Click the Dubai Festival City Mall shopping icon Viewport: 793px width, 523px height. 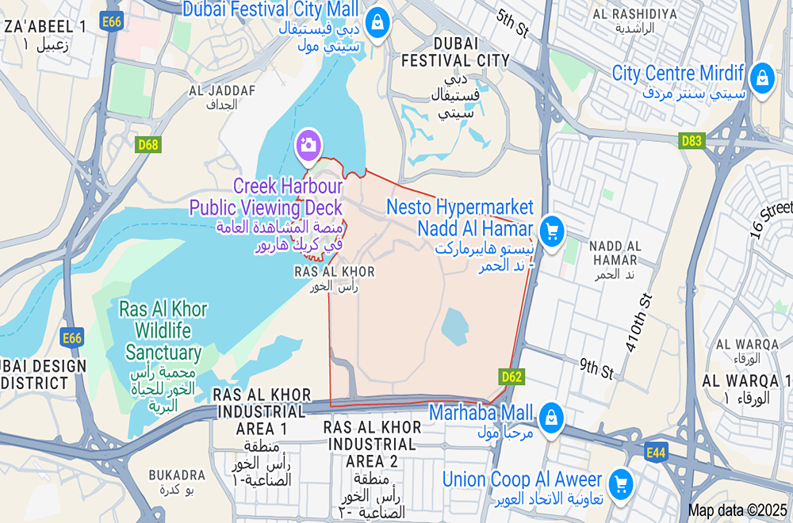pyautogui.click(x=377, y=21)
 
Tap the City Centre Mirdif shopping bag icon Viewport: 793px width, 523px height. pyautogui.click(x=761, y=78)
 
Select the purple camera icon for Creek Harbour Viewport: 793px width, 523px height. pyautogui.click(x=308, y=144)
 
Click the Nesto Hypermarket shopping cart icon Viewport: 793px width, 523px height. pyautogui.click(x=551, y=231)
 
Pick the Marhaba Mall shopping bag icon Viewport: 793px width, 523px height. pyautogui.click(x=550, y=416)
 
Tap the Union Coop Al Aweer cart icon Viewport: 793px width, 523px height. pyautogui.click(x=621, y=482)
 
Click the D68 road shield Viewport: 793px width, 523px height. pyautogui.click(x=147, y=144)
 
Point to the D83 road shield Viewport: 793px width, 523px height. pyautogui.click(x=691, y=140)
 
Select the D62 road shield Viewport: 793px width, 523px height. pyautogui.click(x=511, y=376)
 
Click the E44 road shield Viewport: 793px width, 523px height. pyautogui.click(x=656, y=452)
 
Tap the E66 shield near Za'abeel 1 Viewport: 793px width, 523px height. pyautogui.click(x=112, y=22)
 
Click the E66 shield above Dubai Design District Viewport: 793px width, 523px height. pyautogui.click(x=72, y=339)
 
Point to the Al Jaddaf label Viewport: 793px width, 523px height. pyautogui.click(x=222, y=97)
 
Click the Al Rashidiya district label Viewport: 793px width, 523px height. pyautogui.click(x=634, y=21)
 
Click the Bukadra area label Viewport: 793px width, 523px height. pyautogui.click(x=177, y=481)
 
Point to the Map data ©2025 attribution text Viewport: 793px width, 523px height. pyautogui.click(x=737, y=510)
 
